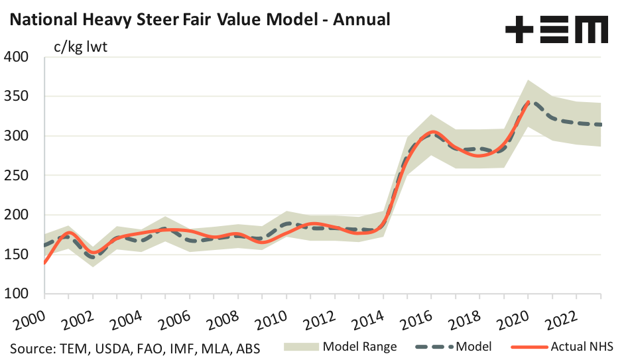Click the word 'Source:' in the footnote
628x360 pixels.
31,347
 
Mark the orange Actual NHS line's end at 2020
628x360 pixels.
528,102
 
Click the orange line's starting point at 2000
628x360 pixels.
44,263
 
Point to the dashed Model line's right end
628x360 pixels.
600,125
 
